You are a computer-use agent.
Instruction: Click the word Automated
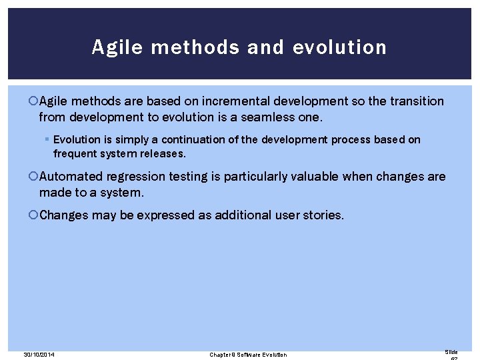71,177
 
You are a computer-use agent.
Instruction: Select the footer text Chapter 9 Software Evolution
248,354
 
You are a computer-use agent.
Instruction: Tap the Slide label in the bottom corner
451,351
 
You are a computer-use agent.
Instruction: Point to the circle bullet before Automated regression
34,177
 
